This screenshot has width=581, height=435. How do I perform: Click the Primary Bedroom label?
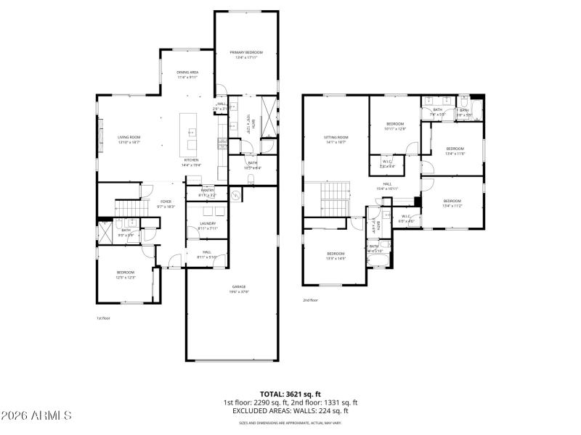click(246, 54)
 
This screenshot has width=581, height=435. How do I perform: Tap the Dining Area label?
click(187, 74)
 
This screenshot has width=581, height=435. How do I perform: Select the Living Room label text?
click(129, 138)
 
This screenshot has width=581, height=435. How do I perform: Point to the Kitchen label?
click(191, 162)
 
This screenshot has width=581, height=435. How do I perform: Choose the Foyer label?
click(166, 204)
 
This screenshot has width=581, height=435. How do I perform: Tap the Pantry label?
click(208, 192)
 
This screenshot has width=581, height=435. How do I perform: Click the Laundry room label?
click(208, 225)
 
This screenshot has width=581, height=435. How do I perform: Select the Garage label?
click(239, 289)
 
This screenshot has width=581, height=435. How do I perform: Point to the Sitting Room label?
click(336, 139)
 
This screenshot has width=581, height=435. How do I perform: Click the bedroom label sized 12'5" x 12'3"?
click(126, 274)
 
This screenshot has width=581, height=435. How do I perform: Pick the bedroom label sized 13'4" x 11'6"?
click(455, 150)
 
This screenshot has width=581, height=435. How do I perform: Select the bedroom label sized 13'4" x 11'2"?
click(452, 202)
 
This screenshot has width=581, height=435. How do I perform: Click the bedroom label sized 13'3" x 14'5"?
click(336, 255)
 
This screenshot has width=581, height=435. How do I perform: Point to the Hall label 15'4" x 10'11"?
click(388, 186)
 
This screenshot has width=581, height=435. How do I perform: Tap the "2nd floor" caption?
click(311, 299)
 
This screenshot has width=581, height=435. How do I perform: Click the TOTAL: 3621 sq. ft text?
click(290, 394)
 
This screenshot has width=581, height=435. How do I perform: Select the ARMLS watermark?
click(36, 416)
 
